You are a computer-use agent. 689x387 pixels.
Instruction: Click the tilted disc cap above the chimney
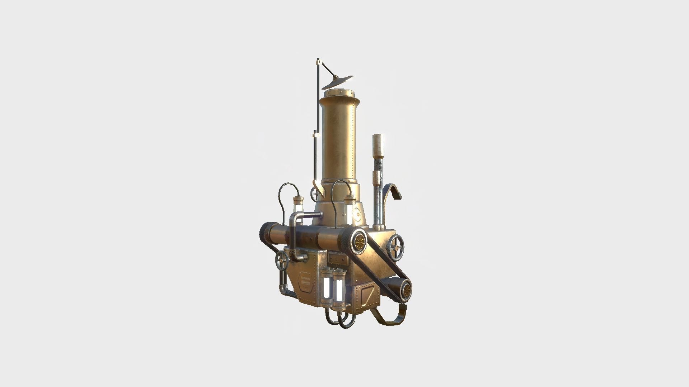[338, 82]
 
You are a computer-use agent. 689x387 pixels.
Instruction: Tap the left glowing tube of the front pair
[76, 285]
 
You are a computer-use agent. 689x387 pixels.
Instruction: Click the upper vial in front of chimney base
[348, 209]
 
